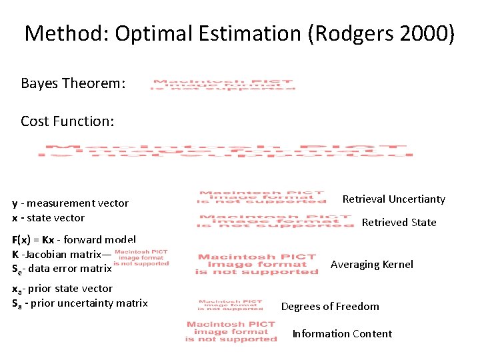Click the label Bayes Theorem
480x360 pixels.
(x=73, y=83)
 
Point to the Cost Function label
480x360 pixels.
(x=67, y=121)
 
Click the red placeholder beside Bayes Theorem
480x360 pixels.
(x=223, y=85)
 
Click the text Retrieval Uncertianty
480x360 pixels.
(x=393, y=199)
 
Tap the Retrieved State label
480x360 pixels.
(x=399, y=223)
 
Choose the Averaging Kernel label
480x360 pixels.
(x=371, y=265)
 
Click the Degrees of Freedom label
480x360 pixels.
(x=330, y=307)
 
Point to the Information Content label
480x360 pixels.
(x=342, y=334)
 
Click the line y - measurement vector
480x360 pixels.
(x=70, y=203)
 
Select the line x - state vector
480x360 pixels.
(x=48, y=218)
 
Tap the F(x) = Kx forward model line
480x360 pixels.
(x=73, y=239)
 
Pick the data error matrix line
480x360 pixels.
(x=61, y=269)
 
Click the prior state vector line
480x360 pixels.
(x=62, y=289)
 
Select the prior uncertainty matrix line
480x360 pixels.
(x=79, y=303)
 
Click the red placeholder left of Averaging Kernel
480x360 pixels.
(x=257, y=264)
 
